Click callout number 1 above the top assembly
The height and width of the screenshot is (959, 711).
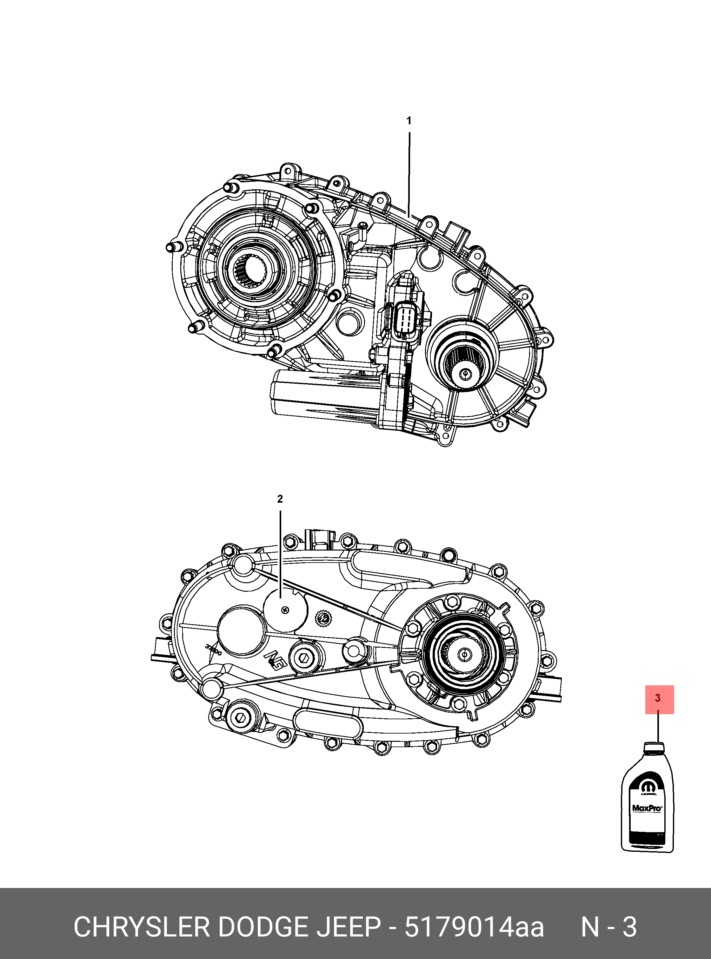pos(409,121)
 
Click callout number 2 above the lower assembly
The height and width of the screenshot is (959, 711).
pos(280,499)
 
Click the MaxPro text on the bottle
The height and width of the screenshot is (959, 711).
pos(647,808)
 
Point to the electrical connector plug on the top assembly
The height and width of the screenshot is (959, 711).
pos(404,318)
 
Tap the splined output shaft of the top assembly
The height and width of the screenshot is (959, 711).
pos(464,373)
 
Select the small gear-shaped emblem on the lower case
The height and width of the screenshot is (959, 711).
pos(323,619)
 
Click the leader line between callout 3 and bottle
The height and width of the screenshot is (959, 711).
pos(658,727)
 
